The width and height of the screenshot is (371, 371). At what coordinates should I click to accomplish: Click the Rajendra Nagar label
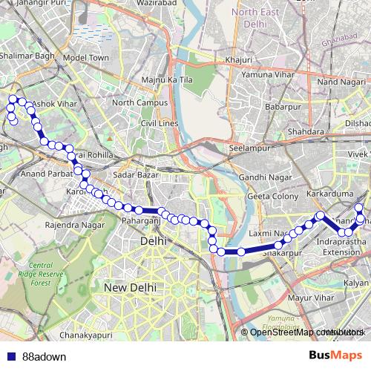point(72,223)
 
